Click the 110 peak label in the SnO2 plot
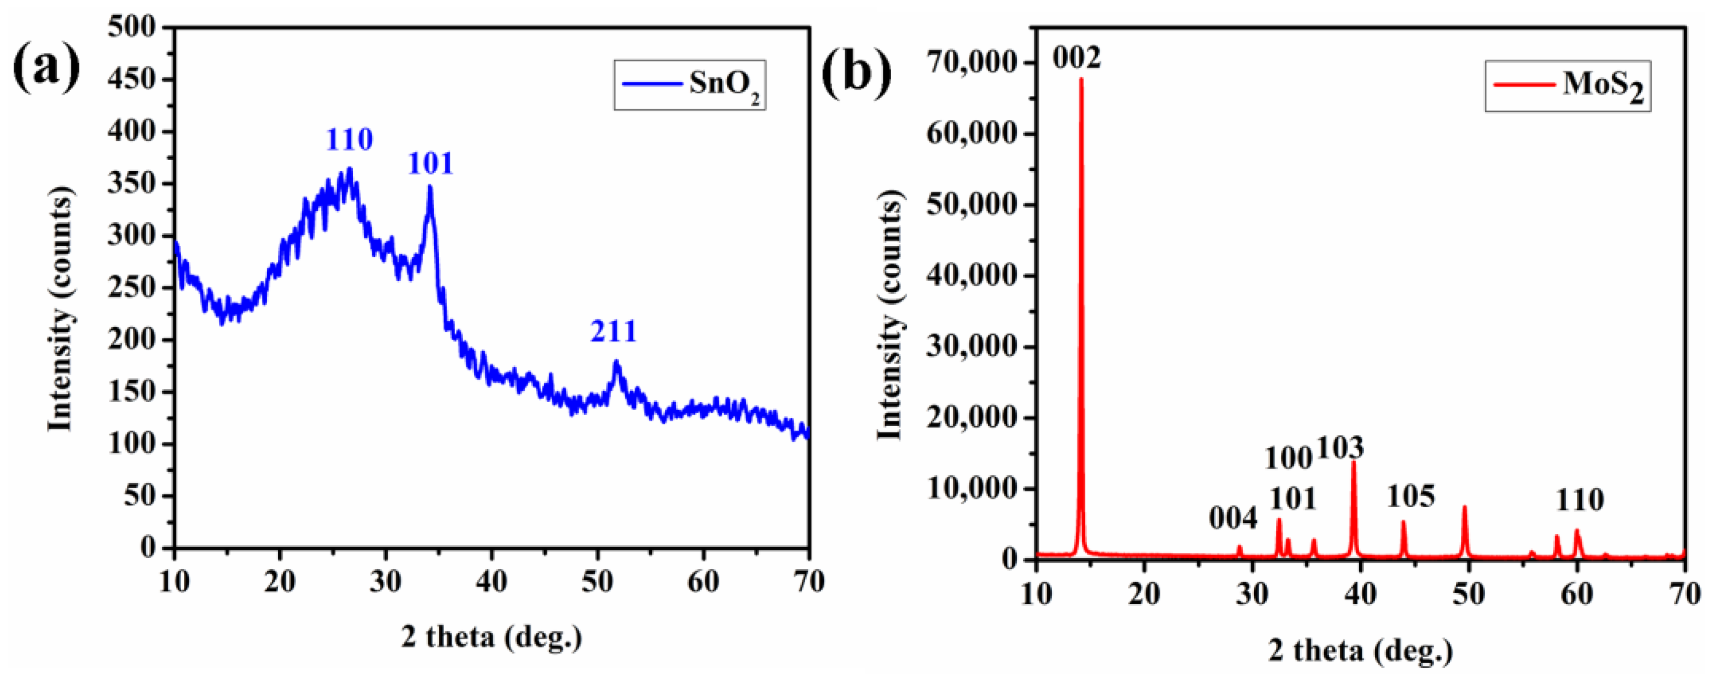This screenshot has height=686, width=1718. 349,140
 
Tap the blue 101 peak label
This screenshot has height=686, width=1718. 430,164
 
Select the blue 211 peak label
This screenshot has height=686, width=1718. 614,331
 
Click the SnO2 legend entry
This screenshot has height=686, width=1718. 690,85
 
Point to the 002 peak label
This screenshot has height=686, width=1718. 1077,58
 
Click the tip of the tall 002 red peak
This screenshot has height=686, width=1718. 1081,79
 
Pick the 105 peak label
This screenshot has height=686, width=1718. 1411,496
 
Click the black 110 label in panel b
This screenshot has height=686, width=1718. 1580,500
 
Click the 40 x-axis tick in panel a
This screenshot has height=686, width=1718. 491,582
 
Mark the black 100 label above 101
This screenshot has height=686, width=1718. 1288,459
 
